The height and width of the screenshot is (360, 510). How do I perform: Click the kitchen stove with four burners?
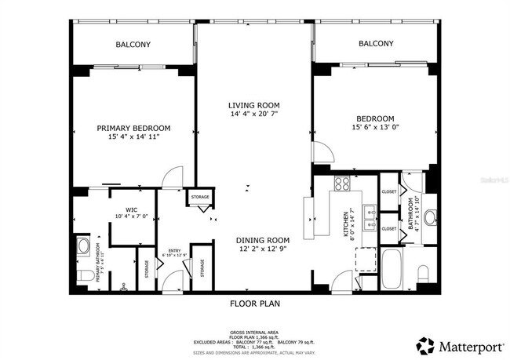[x=342, y=184]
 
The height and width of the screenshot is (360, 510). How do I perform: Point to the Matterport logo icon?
[x=427, y=344]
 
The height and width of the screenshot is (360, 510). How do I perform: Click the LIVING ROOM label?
[x=253, y=105]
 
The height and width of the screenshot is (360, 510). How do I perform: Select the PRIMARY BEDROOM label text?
[x=133, y=128]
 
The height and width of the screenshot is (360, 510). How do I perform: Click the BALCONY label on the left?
[x=133, y=45]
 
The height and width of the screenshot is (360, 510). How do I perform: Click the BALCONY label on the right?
[x=376, y=44]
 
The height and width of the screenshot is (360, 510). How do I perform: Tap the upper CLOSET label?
[x=389, y=191]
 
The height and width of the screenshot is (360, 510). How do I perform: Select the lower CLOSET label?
[x=389, y=228]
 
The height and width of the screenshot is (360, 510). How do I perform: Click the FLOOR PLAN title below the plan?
[x=254, y=303]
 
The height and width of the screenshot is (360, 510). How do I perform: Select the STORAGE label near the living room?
[x=200, y=196]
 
